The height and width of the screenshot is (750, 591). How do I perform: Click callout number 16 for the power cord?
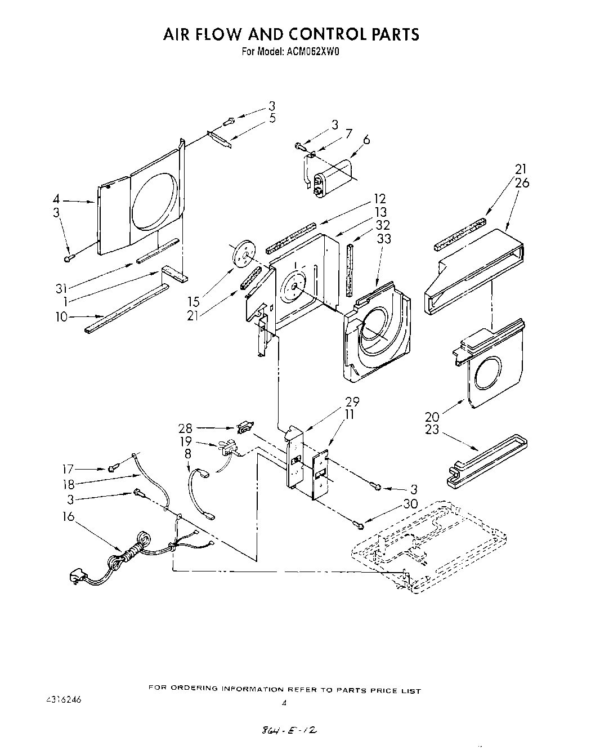point(68,516)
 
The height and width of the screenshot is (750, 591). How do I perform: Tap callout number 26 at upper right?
point(522,183)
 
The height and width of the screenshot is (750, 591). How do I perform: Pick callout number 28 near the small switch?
point(186,428)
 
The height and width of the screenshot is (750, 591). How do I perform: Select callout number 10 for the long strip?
point(61,316)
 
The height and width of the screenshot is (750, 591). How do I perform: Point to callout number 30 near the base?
point(410,504)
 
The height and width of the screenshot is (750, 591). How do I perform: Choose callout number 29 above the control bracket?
point(352,401)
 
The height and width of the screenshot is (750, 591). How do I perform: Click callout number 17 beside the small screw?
point(68,468)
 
